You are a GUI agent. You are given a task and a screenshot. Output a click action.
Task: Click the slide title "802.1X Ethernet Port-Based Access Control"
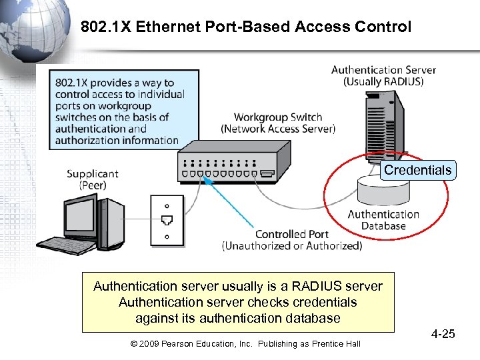tap(246, 27)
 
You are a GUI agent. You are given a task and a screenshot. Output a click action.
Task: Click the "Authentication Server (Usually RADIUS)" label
tap(383, 75)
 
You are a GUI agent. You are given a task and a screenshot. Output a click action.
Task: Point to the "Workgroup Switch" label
tap(278, 117)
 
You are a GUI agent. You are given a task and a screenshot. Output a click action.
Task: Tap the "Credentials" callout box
tap(417, 170)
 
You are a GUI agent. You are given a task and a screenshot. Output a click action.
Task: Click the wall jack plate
tap(166, 219)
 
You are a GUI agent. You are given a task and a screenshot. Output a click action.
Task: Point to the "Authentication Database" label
tap(383, 220)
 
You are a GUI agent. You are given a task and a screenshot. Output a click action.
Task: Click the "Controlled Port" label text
tap(291, 234)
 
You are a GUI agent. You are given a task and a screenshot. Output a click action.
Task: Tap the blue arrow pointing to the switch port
tap(233, 203)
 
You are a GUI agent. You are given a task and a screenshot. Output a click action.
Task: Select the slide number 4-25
tap(442, 333)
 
